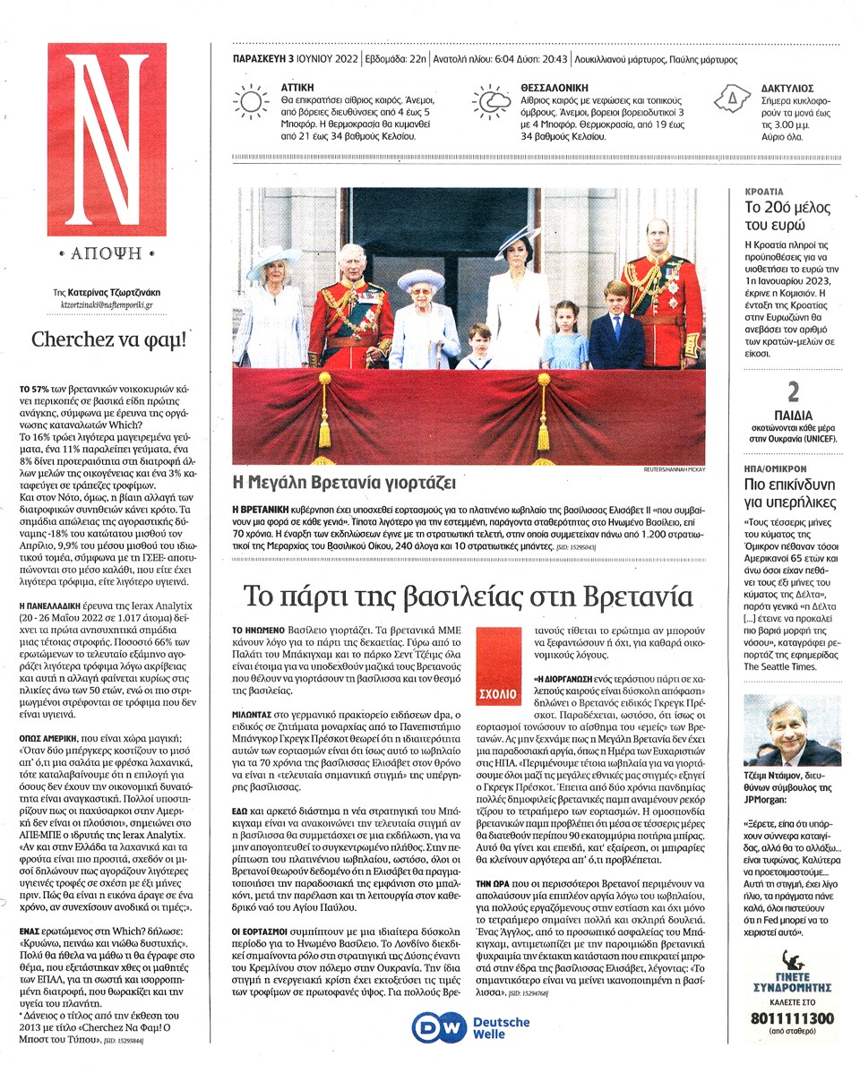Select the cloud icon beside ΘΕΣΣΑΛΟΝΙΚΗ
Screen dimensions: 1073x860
491,101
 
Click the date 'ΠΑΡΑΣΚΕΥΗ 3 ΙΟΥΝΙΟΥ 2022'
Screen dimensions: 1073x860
288,60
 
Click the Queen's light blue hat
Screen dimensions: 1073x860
420,279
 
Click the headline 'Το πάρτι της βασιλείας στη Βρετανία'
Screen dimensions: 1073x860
469,597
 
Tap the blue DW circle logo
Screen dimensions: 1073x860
439,1026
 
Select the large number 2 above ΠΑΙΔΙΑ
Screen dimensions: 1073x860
792,392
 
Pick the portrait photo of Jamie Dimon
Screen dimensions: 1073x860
792,730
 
